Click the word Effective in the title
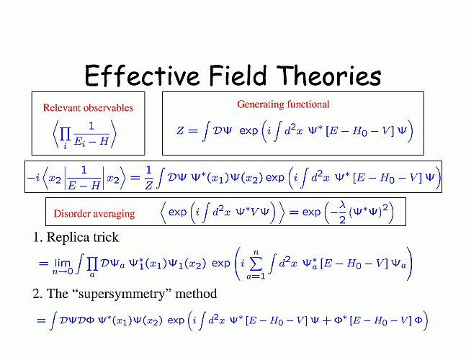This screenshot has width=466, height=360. click(141, 76)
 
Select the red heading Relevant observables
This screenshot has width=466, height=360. click(88, 107)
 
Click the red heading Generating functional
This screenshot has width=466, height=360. click(283, 104)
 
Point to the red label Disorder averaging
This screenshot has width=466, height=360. click(94, 214)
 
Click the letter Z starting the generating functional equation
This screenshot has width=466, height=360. click(180, 130)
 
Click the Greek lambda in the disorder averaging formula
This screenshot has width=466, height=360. click(343, 205)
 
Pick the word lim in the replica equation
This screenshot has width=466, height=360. click(63, 264)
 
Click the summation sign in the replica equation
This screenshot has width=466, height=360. click(256, 264)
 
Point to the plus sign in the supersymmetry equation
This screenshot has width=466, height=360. click(326, 321)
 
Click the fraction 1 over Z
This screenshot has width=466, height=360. click(148, 178)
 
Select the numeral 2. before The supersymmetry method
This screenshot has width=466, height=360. click(37, 294)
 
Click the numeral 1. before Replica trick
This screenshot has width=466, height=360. click(37, 238)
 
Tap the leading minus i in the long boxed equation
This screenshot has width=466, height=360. click(33, 178)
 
